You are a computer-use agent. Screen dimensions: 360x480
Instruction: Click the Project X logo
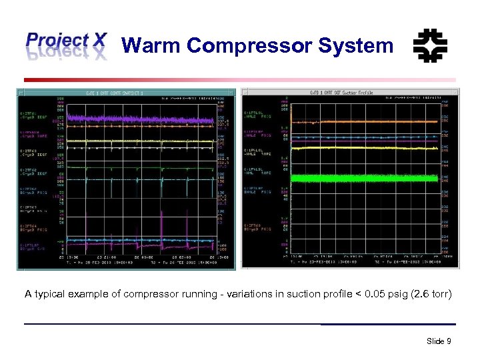65,45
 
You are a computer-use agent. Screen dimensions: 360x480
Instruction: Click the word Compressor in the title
249,45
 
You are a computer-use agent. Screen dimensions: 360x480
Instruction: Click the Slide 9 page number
439,341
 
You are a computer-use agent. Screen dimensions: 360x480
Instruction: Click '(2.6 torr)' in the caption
428,293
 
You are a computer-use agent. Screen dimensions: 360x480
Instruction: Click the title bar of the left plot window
127,93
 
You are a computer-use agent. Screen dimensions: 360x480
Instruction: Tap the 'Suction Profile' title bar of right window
350,93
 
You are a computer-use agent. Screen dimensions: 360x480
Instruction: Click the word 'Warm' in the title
151,45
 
